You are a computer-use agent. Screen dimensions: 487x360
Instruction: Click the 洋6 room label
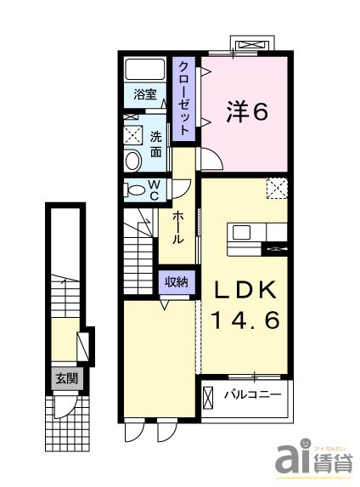coord(247,111)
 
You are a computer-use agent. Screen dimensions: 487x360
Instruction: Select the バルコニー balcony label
coord(252,394)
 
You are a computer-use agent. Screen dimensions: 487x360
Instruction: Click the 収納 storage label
coord(177,281)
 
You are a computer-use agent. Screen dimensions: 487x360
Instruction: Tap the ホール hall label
coord(179,228)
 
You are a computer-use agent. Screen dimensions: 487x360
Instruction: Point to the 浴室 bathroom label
coord(144,94)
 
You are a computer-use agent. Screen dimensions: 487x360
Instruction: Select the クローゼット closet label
coord(183,98)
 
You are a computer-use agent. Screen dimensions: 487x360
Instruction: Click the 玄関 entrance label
coord(66,379)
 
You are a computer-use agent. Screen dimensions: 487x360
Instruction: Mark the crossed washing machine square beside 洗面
coord(133,134)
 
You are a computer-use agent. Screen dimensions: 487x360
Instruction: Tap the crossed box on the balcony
coord(210,395)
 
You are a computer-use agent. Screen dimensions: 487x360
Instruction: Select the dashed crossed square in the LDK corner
coord(278,188)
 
